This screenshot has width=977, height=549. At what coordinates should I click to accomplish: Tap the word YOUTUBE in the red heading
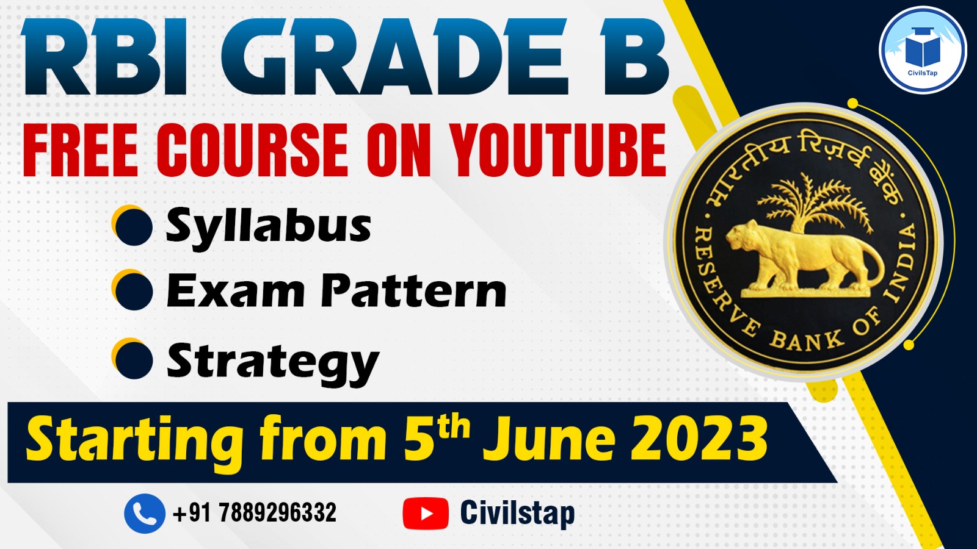click(x=558, y=150)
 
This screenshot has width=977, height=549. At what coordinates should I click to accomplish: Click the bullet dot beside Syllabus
click(x=133, y=226)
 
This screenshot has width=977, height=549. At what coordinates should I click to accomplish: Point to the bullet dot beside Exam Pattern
click(x=133, y=290)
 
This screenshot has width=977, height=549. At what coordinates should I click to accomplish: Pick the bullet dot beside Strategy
click(x=133, y=359)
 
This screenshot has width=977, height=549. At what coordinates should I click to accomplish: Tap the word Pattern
click(x=413, y=291)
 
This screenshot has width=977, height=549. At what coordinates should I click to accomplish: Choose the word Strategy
click(x=273, y=362)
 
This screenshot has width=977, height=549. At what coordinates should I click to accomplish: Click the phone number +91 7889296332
click(x=255, y=513)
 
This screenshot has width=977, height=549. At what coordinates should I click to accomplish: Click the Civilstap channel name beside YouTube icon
click(x=517, y=513)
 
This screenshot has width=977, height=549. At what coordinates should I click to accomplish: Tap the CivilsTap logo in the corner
click(x=922, y=50)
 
